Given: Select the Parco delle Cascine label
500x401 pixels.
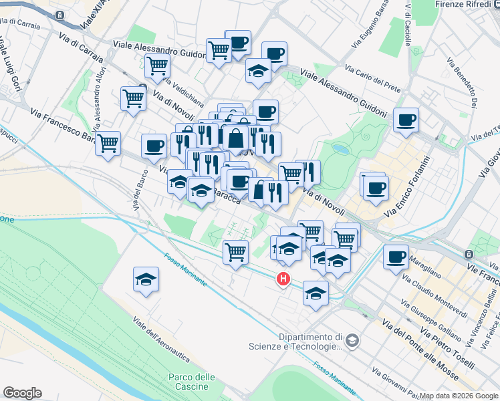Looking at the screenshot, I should click(x=192, y=382).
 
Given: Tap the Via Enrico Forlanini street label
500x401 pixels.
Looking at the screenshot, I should click(x=406, y=182).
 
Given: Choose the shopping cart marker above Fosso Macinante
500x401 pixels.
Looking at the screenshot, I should click(x=235, y=252).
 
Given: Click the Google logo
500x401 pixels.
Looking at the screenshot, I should click(x=23, y=393).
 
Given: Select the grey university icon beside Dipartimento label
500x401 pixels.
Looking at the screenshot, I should click(x=352, y=342).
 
